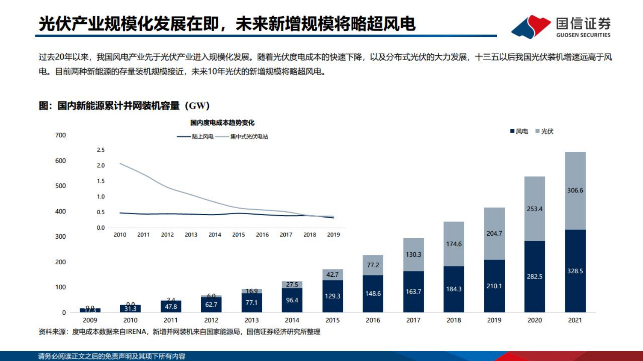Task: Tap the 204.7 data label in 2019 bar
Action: tap(494, 233)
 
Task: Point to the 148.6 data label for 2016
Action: tap(373, 294)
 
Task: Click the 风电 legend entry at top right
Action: tap(519, 131)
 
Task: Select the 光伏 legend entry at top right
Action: tap(544, 131)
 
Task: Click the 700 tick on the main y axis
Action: tap(61, 135)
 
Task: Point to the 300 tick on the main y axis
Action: tap(61, 236)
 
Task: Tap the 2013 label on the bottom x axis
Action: tap(251, 320)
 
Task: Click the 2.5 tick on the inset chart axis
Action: tap(101, 150)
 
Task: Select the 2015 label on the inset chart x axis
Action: tap(239, 235)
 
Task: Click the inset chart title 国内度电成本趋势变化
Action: tap(222, 123)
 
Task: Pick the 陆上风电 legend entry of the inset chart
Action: tap(196, 137)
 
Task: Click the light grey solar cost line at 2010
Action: tap(120, 163)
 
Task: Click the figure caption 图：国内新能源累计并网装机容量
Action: tap(124, 106)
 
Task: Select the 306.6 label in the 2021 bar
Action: tap(575, 190)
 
